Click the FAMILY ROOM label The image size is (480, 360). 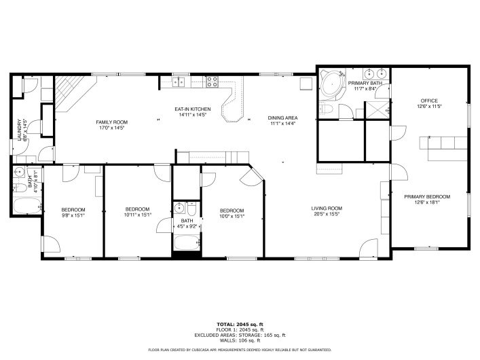[112, 122]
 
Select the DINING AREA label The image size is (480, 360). [283, 118]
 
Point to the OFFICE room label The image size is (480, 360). [429, 101]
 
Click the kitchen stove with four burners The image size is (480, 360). [212, 82]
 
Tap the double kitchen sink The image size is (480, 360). [180, 82]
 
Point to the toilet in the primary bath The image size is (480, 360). [325, 110]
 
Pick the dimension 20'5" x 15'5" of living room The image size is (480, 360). [327, 214]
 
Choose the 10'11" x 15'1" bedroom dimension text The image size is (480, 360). [137, 215]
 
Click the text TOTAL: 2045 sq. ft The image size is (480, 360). [240, 324]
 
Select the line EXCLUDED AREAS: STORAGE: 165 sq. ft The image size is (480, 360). [240, 334]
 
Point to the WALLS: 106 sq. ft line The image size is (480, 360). [240, 340]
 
